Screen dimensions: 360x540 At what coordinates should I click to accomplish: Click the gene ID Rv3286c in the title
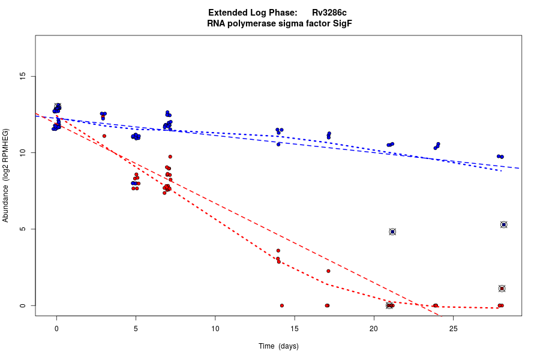click(330, 13)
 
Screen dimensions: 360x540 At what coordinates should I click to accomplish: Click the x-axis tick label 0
click(56, 329)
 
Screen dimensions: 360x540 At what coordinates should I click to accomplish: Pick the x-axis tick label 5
click(136, 329)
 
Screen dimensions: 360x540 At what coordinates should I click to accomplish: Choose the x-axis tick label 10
click(215, 329)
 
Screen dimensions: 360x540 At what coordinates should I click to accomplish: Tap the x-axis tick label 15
click(294, 329)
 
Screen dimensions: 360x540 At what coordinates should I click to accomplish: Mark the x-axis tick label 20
click(373, 329)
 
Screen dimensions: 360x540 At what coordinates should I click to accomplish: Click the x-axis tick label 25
click(452, 329)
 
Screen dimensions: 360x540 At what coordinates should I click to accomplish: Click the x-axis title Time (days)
click(278, 346)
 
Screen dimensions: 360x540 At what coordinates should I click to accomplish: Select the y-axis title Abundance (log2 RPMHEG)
click(6, 175)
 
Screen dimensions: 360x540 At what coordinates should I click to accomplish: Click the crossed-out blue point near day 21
click(392, 232)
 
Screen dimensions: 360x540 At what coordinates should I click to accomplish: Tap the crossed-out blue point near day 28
click(504, 224)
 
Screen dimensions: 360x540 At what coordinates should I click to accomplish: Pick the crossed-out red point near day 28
click(502, 289)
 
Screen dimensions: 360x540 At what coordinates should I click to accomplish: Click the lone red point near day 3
click(104, 136)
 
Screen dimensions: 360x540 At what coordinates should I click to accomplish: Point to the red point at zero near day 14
click(281, 305)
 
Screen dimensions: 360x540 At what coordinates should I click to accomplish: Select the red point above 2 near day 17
click(328, 271)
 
